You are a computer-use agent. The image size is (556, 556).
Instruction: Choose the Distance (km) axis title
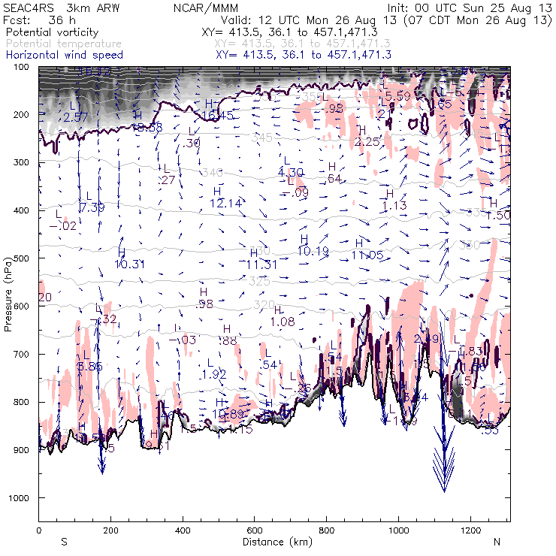click(x=274, y=542)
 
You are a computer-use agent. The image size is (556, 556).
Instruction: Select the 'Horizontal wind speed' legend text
click(x=64, y=55)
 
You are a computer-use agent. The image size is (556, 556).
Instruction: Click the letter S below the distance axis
click(x=64, y=542)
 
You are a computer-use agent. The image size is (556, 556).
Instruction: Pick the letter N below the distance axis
click(x=497, y=542)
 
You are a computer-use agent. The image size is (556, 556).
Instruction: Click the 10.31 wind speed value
click(x=129, y=264)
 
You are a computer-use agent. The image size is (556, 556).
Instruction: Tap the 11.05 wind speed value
click(x=367, y=255)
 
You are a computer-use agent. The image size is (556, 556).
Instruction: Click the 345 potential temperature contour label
click(x=261, y=137)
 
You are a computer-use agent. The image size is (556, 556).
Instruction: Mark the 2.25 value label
click(x=367, y=142)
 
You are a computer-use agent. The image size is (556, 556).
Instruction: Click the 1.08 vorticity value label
click(x=282, y=322)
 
